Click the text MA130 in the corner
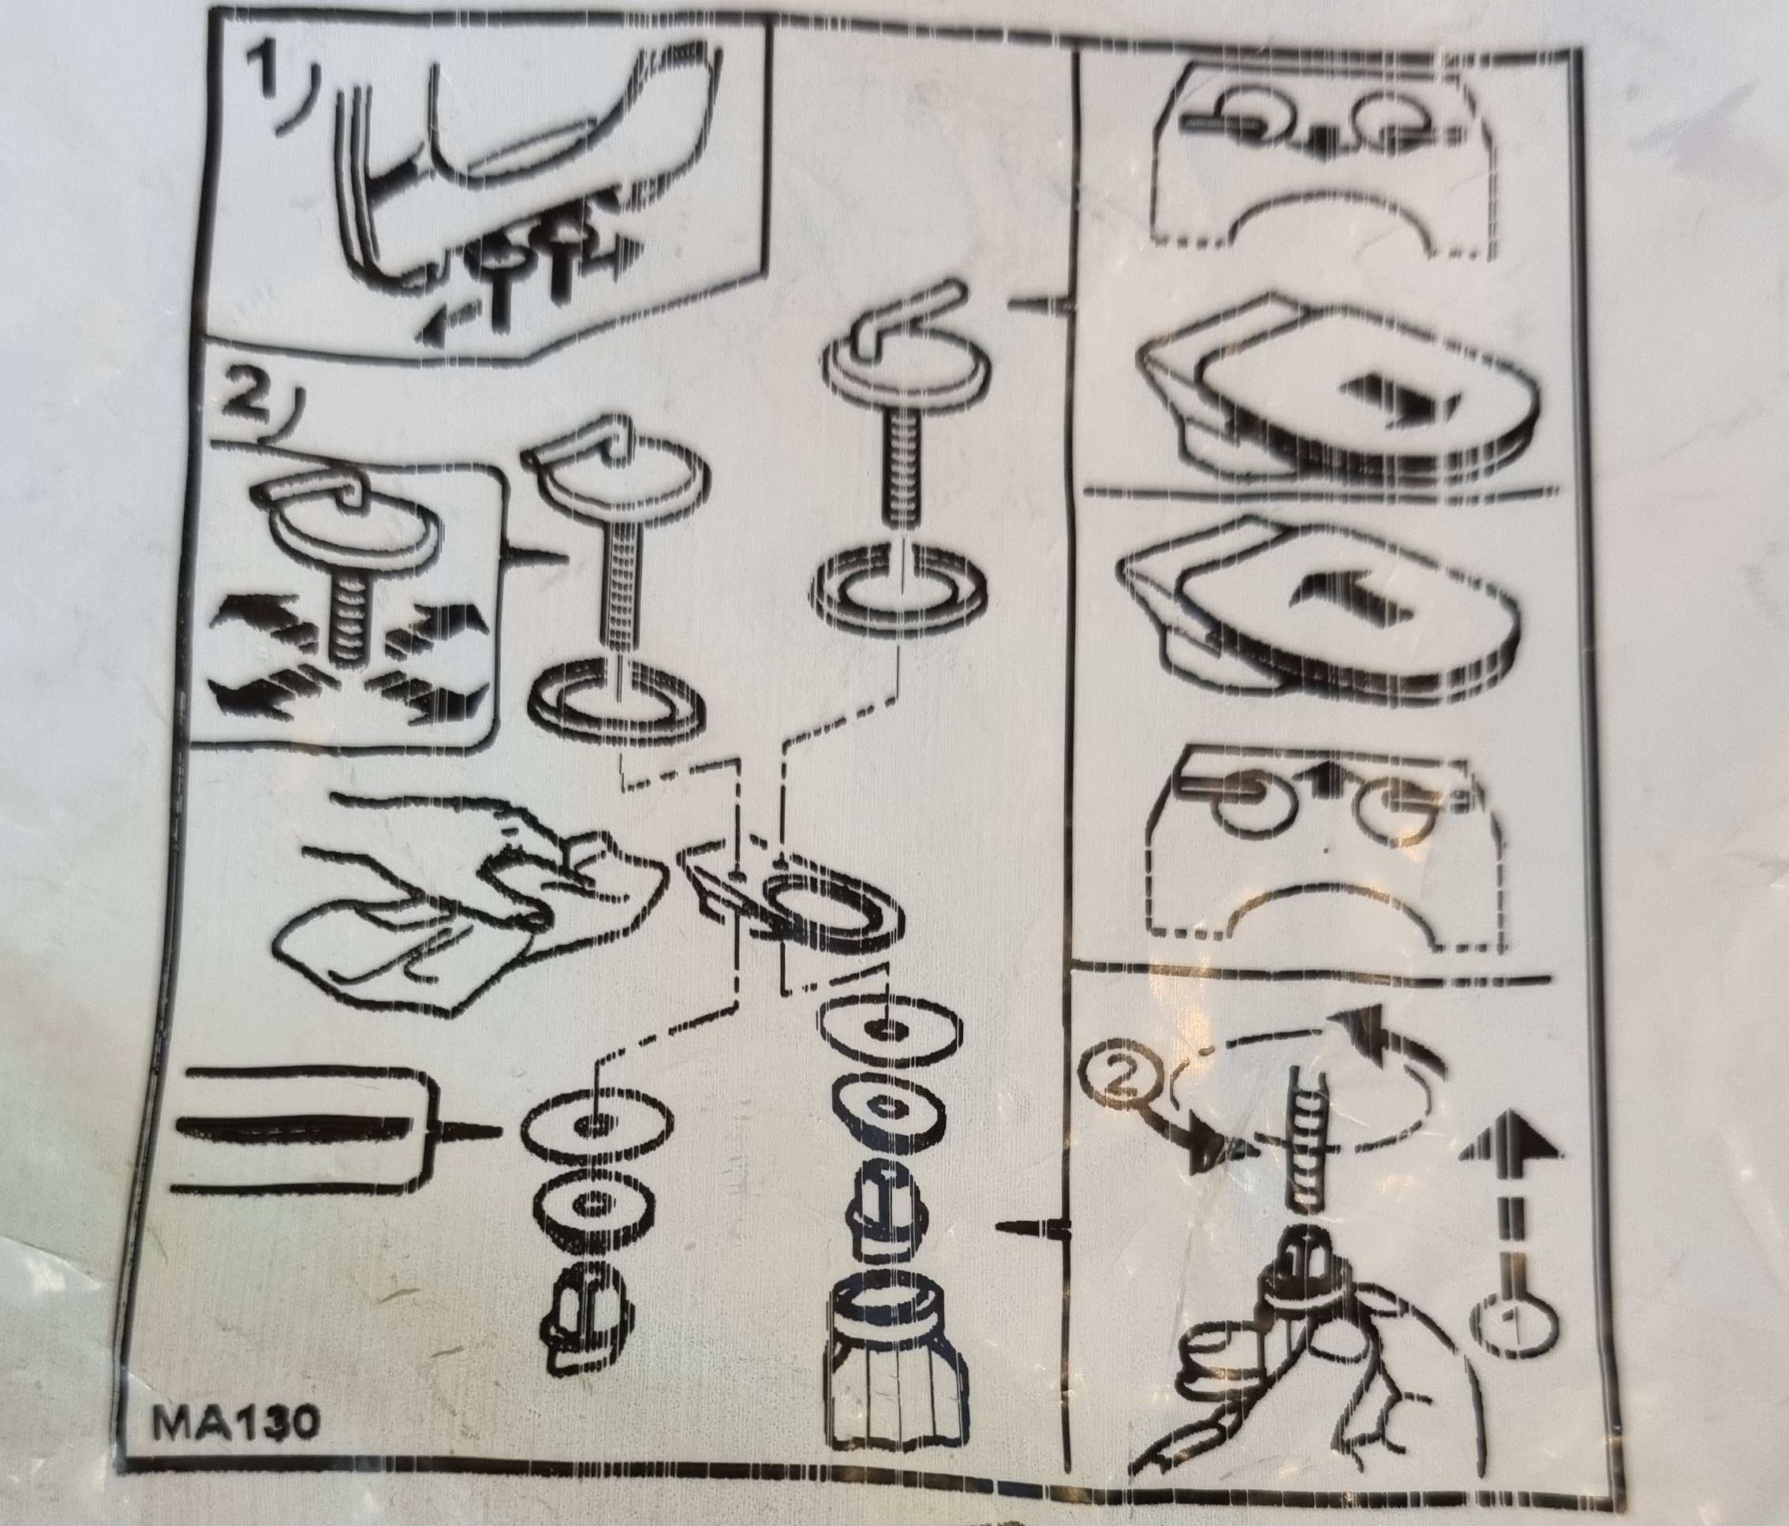[x=233, y=1423]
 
